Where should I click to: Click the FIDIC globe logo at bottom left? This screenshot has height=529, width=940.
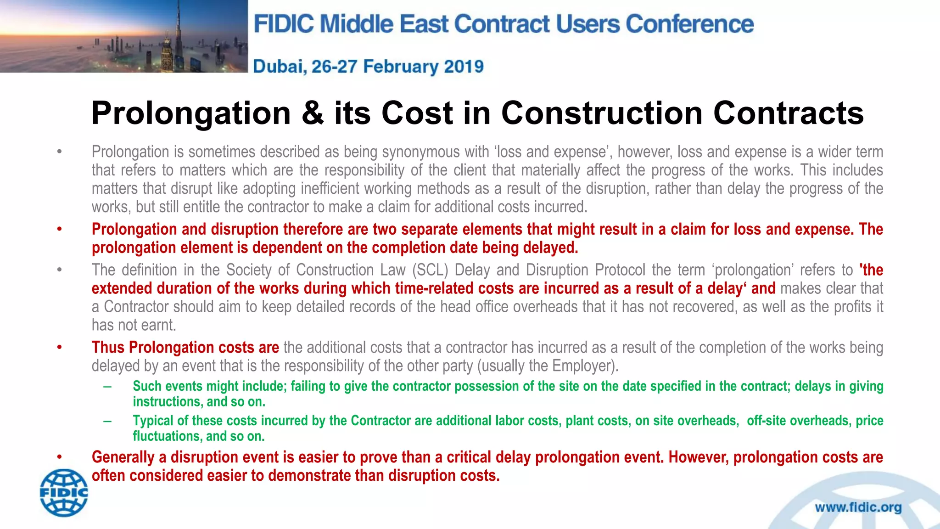tap(64, 493)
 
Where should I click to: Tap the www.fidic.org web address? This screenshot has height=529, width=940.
tap(858, 507)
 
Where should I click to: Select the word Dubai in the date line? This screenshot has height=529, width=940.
tap(280, 67)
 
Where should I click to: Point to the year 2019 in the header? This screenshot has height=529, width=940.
tap(464, 67)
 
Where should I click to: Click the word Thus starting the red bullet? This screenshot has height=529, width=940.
tap(108, 348)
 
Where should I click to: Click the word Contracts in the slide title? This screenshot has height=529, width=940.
tap(788, 113)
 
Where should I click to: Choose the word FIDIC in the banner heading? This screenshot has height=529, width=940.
tap(284, 24)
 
